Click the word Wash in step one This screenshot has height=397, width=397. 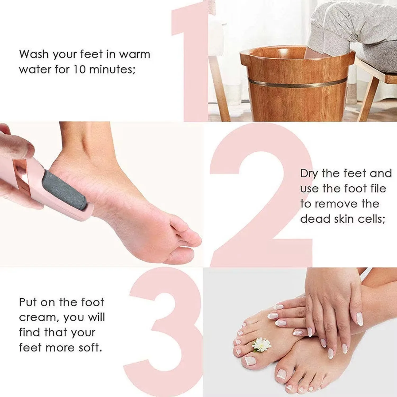coord(34,54)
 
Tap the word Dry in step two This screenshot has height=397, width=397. coord(309,174)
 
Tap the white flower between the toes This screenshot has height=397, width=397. coord(261,345)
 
